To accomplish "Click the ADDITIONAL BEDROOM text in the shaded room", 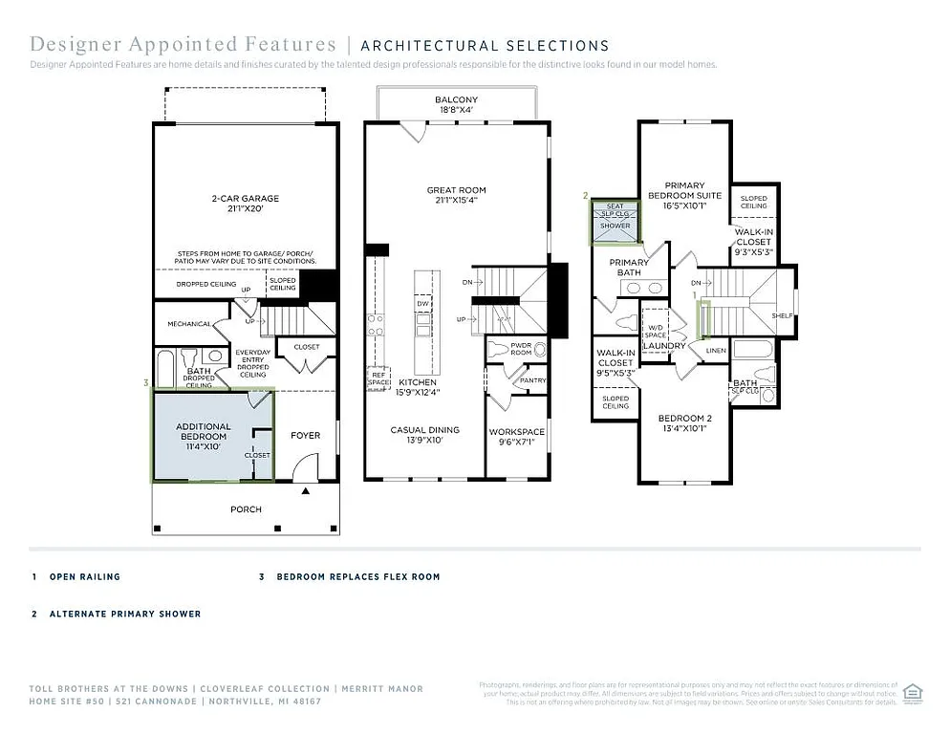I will (x=203, y=432).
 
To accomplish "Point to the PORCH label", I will (x=246, y=509).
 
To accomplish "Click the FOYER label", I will (x=305, y=436).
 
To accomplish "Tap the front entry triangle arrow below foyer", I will (x=306, y=491).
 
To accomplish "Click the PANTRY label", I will (x=532, y=380).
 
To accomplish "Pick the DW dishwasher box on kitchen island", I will (x=422, y=303).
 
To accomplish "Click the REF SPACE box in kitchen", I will (x=378, y=378).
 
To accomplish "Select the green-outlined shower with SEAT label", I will (x=615, y=220).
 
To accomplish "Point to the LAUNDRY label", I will (x=664, y=346).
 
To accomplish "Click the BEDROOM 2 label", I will (x=684, y=423).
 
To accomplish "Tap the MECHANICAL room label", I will (x=188, y=324).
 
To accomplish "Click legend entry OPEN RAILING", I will (x=85, y=577).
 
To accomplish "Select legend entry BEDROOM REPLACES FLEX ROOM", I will (x=357, y=577).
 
